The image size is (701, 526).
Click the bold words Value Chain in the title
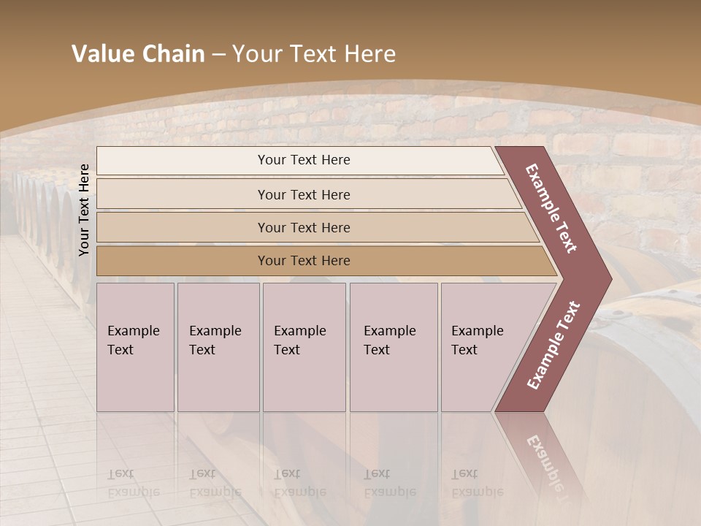point(138,54)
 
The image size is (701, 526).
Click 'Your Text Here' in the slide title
point(314,54)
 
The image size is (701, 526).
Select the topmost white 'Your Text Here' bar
point(304,160)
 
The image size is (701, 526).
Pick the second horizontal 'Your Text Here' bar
point(304,194)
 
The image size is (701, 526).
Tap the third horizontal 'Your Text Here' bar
point(304,228)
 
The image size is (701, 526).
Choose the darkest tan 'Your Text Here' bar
point(304,261)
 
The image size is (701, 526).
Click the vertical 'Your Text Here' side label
point(84,210)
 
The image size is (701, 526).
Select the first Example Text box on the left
point(135,346)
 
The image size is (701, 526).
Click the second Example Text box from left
point(218,346)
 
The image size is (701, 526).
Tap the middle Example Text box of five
point(304,346)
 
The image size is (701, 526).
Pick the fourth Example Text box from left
point(393,346)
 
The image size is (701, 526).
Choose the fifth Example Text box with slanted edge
point(482,346)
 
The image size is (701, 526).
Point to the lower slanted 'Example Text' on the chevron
point(553,346)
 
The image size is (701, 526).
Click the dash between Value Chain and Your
point(218,54)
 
